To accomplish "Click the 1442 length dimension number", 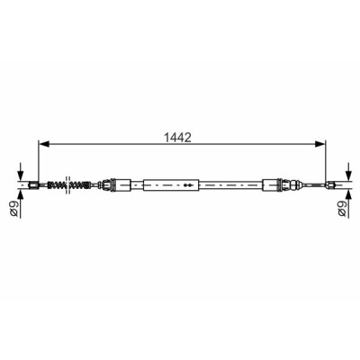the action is coord(177,138).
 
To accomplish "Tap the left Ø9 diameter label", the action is coord(14,208).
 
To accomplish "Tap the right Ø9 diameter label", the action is coord(342,208).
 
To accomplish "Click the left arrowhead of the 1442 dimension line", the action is coord(44,144).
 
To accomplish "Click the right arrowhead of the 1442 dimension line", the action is coord(319,144).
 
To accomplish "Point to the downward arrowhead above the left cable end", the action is coord(20,175).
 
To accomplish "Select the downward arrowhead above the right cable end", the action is coord(348,175).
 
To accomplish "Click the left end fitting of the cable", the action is coord(33,185).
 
